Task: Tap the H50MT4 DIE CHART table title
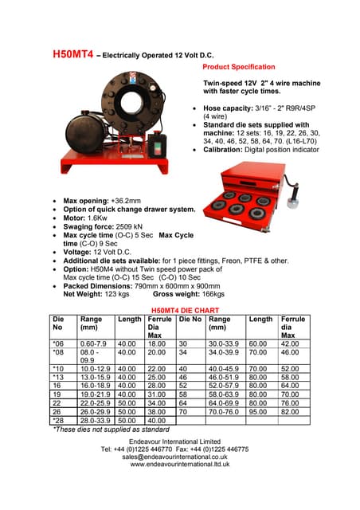[180, 310]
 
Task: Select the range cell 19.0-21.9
[95, 394]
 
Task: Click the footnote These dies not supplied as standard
[111, 429]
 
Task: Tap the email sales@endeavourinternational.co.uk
[179, 457]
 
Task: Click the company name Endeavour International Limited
[178, 441]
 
